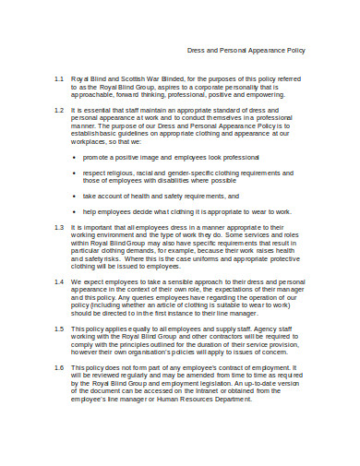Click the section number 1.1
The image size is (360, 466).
[57, 80]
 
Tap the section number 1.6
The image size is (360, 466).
[57, 367]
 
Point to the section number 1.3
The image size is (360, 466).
[57, 225]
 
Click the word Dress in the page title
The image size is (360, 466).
[198, 50]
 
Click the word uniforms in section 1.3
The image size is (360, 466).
[197, 260]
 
